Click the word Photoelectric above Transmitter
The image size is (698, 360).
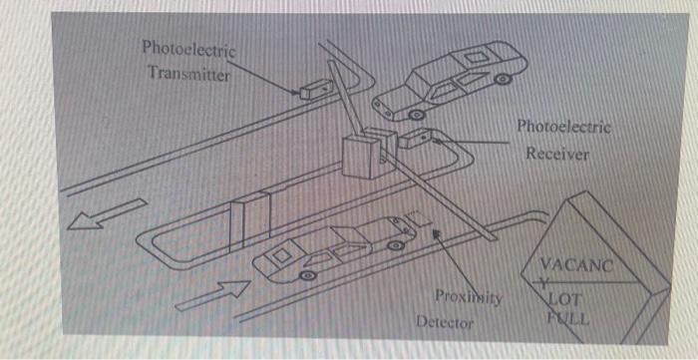188,48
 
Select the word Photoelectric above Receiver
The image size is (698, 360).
563,127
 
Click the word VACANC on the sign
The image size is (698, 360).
573,266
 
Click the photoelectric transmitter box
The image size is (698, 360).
313,88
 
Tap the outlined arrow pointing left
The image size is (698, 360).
105,212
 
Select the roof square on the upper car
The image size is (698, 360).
478,57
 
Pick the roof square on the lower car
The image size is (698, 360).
282,256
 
